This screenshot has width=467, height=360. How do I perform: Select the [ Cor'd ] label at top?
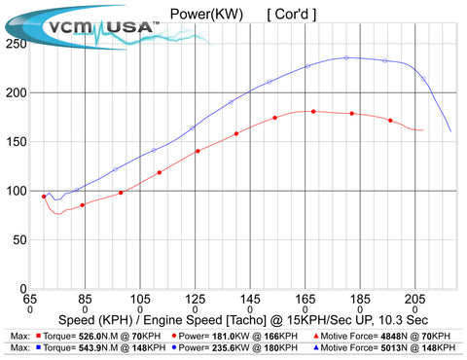(x=291, y=14)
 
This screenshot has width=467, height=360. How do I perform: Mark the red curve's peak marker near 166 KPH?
(x=313, y=111)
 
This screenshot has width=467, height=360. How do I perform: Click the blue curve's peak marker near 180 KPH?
(x=346, y=57)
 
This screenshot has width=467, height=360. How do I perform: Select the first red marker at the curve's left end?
(x=44, y=197)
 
